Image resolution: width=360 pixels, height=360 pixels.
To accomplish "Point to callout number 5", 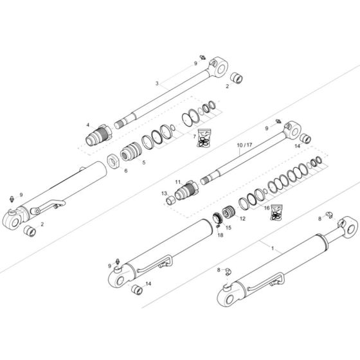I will click(x=143, y=163).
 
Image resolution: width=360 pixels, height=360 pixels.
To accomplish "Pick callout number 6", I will click(x=126, y=170).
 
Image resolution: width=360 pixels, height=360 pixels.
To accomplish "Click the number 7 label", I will click(x=195, y=136).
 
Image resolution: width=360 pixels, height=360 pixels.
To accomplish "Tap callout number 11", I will click(x=178, y=183).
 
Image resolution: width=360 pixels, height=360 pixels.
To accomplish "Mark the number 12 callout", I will click(x=242, y=219).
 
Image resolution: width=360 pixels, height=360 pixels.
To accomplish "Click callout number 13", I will click(x=164, y=193).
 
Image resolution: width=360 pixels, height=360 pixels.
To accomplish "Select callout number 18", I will click(x=220, y=235).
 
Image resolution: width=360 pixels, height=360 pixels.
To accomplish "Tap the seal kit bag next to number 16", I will click(x=277, y=212).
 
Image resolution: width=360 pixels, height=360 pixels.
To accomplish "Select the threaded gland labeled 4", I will click(x=99, y=136).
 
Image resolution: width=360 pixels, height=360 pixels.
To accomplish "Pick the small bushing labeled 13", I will click(x=172, y=201).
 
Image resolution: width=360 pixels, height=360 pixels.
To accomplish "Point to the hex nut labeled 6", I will click(x=113, y=159).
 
